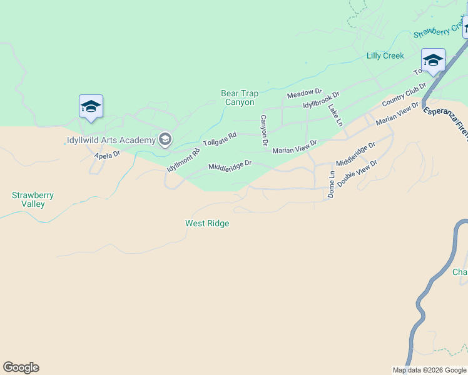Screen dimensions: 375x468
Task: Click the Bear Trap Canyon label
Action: tap(238, 97)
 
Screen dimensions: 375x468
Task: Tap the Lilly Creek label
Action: tap(385, 56)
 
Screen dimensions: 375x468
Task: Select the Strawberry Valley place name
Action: tap(33, 199)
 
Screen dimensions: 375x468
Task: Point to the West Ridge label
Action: tap(207, 223)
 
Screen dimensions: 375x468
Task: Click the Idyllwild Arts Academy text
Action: tap(111, 140)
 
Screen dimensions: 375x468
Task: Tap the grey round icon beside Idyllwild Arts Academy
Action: tap(165, 139)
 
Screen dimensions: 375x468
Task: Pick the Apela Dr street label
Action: tap(107, 154)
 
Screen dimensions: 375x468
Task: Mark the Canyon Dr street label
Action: tap(264, 131)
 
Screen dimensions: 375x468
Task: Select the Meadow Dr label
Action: tap(304, 94)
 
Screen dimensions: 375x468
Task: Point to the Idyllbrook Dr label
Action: tap(321, 100)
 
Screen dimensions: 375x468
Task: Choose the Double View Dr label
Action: tap(357, 174)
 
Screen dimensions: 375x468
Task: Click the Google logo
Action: tap(21, 367)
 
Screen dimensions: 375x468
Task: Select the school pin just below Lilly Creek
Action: tap(433, 61)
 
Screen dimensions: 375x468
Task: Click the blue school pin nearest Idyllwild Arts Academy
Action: tap(91, 107)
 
